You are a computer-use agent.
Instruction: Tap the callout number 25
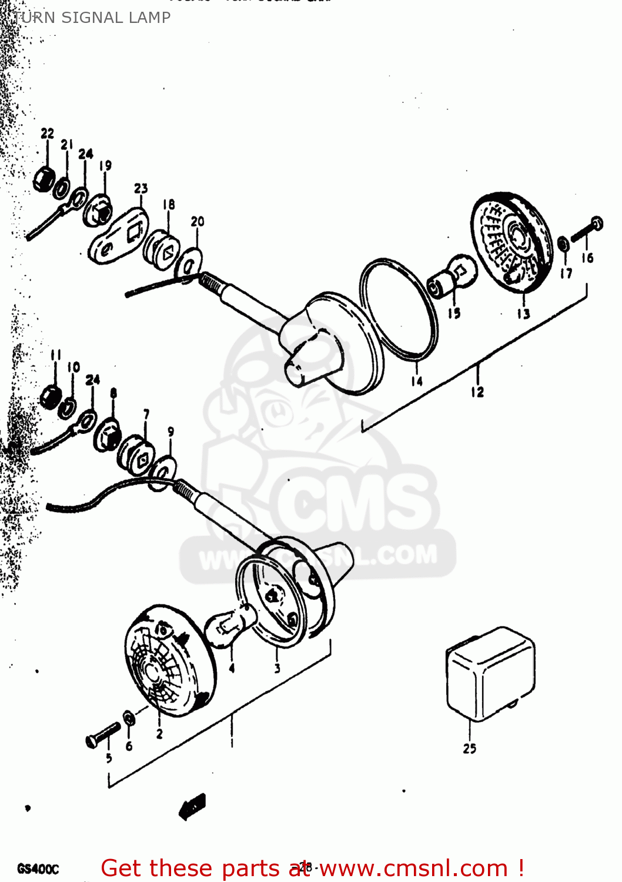tap(469, 749)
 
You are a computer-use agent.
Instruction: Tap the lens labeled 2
tap(170, 661)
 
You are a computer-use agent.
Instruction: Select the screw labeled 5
tap(102, 735)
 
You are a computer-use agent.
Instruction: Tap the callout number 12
tap(477, 392)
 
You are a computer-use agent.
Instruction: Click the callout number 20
tap(198, 222)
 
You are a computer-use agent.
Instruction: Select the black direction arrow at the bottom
tap(192, 806)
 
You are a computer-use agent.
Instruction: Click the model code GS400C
tap(38, 868)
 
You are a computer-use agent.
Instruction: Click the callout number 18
tap(169, 205)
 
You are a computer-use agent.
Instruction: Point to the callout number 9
tap(170, 432)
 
